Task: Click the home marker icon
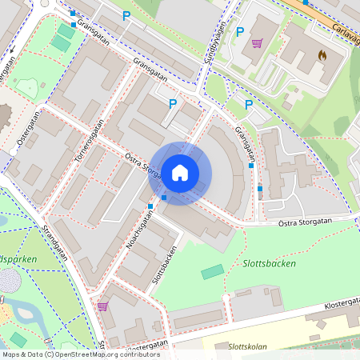pyautogui.click(x=180, y=172)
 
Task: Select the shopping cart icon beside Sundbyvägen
pyautogui.click(x=257, y=43)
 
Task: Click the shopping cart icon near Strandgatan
pyautogui.click(x=102, y=306)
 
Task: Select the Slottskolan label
pyautogui.click(x=248, y=347)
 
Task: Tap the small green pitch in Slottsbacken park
pyautogui.click(x=213, y=272)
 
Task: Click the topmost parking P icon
pyautogui.click(x=126, y=16)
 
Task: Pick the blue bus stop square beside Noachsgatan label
pyautogui.click(x=150, y=206)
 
